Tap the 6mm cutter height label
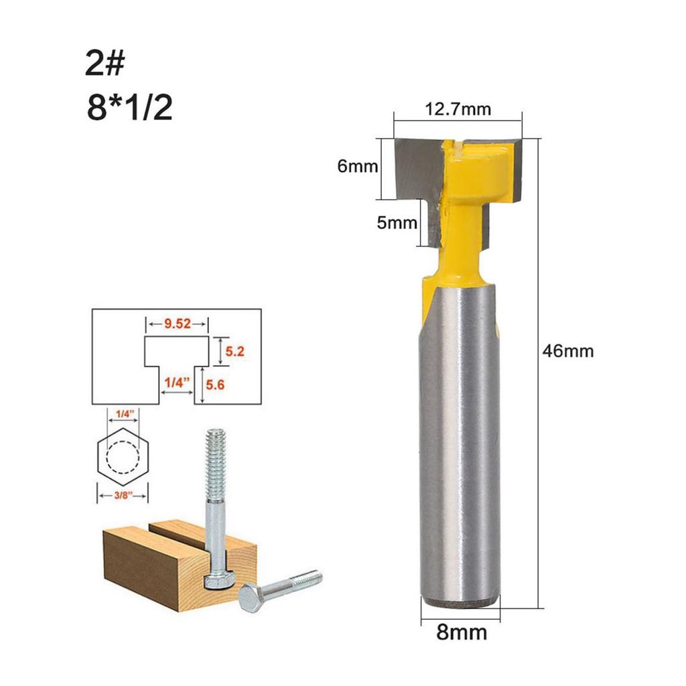point(358,167)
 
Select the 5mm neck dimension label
point(396,223)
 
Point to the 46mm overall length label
point(567,350)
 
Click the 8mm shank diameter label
point(461,632)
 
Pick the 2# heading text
point(105,64)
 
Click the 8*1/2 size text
point(129,107)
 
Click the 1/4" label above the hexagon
point(123,415)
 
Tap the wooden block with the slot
point(154,563)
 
